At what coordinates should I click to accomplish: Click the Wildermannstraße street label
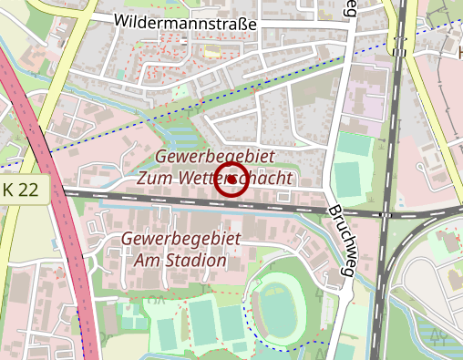pyautogui.click(x=186, y=21)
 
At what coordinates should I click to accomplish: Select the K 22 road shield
pyautogui.click(x=22, y=190)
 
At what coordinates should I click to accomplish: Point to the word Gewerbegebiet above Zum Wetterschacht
pyautogui.click(x=215, y=157)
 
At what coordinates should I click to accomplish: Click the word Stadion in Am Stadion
pyautogui.click(x=193, y=261)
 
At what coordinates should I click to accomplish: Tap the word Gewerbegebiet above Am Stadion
pyautogui.click(x=180, y=239)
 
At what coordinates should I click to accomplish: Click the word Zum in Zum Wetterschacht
pyautogui.click(x=155, y=179)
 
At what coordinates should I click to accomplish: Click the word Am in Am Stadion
pyautogui.click(x=146, y=261)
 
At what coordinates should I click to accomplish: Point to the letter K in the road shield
pyautogui.click(x=9, y=190)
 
